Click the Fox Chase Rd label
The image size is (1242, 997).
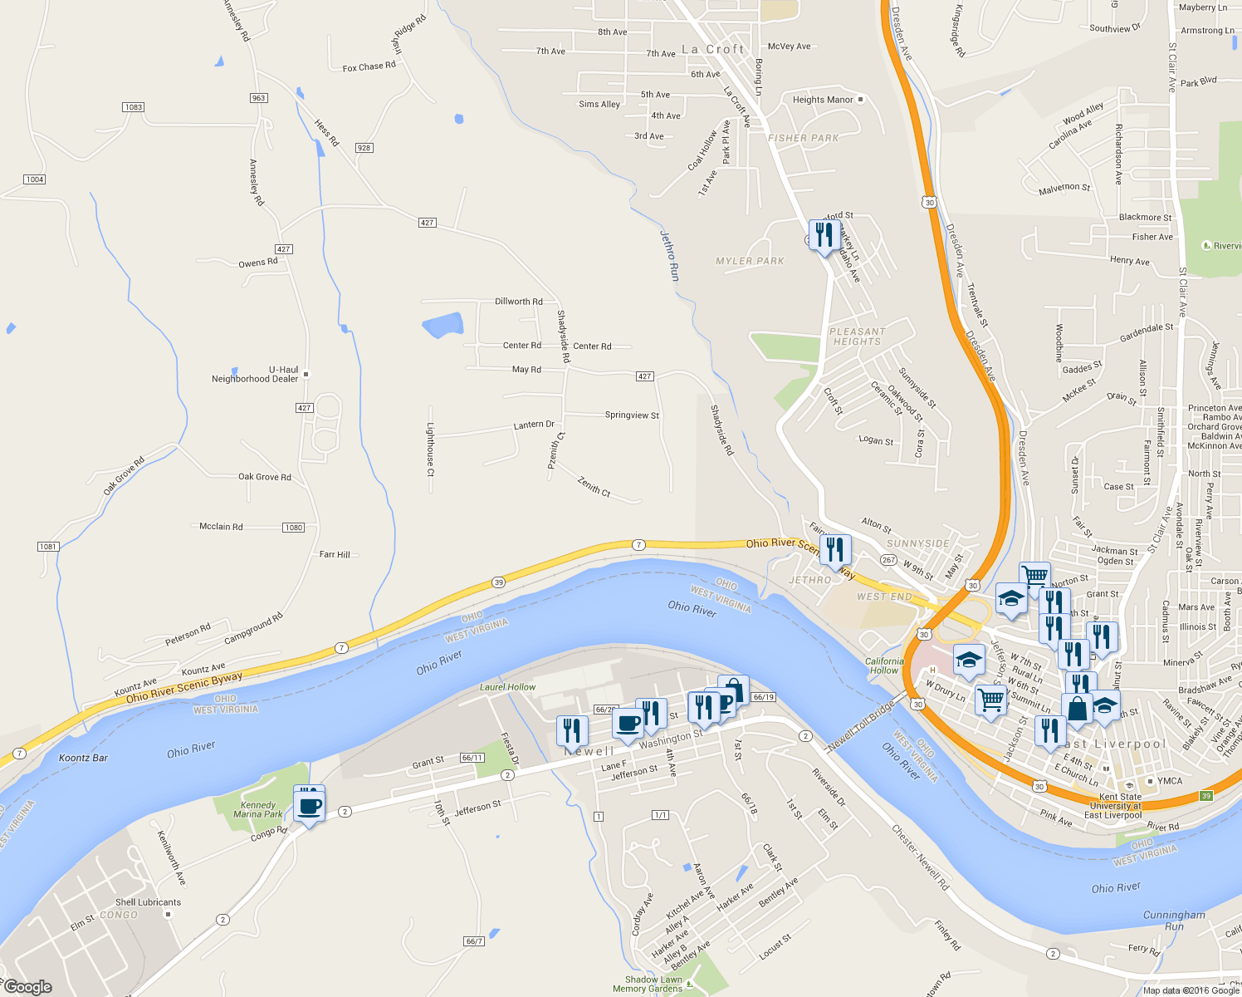[x=369, y=66]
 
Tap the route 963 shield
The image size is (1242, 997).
[x=259, y=98]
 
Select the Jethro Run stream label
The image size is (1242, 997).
[x=669, y=255]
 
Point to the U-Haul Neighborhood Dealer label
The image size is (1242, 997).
[x=255, y=375]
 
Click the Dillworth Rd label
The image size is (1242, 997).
[x=518, y=302]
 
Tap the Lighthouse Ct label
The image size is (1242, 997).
[x=430, y=449]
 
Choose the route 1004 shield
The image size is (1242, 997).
[x=34, y=179]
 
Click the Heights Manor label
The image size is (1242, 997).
[x=823, y=100]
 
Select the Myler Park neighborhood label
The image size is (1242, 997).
[x=750, y=261]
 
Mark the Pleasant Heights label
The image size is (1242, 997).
[x=858, y=336]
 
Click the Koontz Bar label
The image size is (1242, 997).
[x=83, y=758]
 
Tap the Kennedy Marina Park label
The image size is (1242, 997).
[x=258, y=809]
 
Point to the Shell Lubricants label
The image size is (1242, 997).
[x=148, y=902]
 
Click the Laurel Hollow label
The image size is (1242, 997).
[x=507, y=687]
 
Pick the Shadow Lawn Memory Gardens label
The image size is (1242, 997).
[x=648, y=984]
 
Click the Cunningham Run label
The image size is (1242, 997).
[x=1174, y=920]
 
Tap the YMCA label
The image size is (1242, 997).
[x=1170, y=781]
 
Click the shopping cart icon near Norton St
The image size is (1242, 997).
[x=1034, y=575]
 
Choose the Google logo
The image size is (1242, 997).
[x=27, y=986]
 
